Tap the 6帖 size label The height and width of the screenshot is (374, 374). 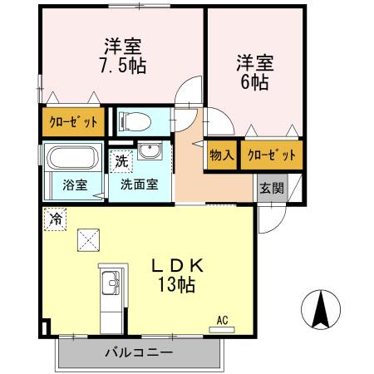tap(253, 82)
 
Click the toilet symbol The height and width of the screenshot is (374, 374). tap(135, 122)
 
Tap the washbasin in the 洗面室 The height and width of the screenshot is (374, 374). tap(150, 152)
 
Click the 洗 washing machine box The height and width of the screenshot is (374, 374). tap(121, 160)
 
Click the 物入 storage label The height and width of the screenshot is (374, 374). tap(221, 155)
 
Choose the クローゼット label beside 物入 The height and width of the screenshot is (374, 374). tap(270, 155)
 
